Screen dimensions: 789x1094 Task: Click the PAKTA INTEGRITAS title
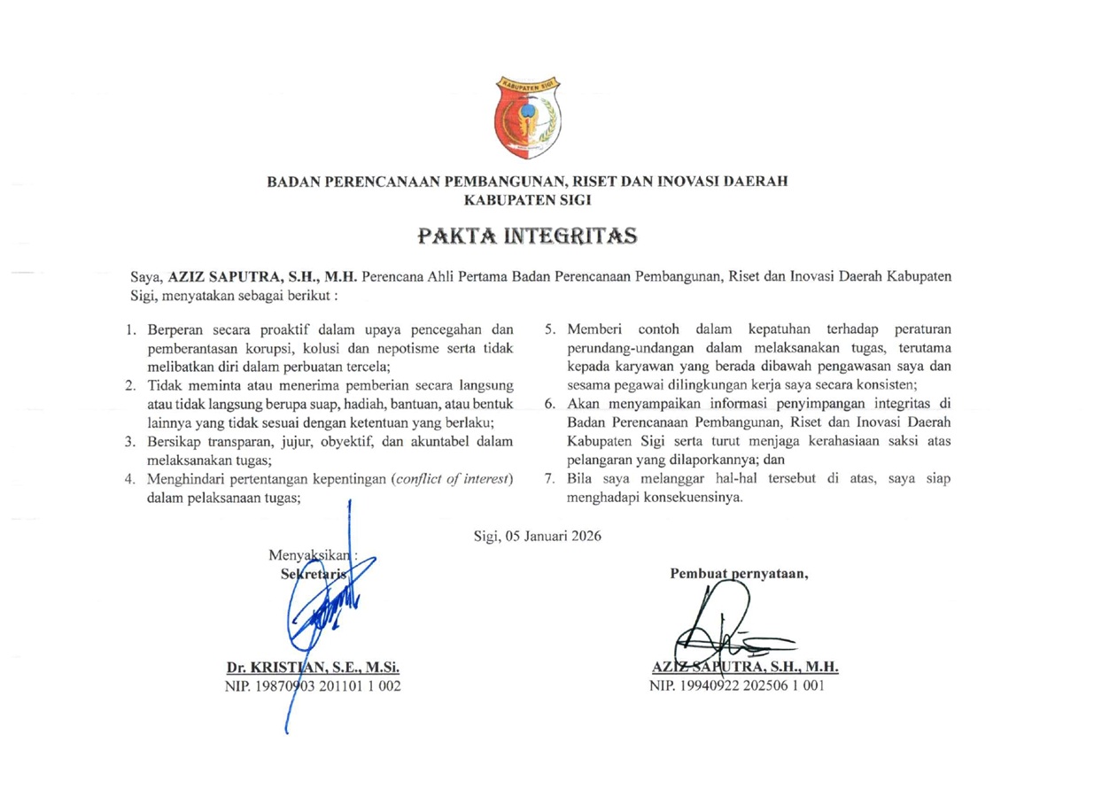pyautogui.click(x=527, y=236)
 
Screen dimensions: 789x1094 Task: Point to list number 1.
pyautogui.click(x=130, y=329)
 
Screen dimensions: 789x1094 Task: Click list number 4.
pyautogui.click(x=130, y=480)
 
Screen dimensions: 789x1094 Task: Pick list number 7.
pyautogui.click(x=549, y=480)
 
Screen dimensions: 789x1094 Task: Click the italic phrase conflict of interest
pyautogui.click(x=452, y=480)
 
